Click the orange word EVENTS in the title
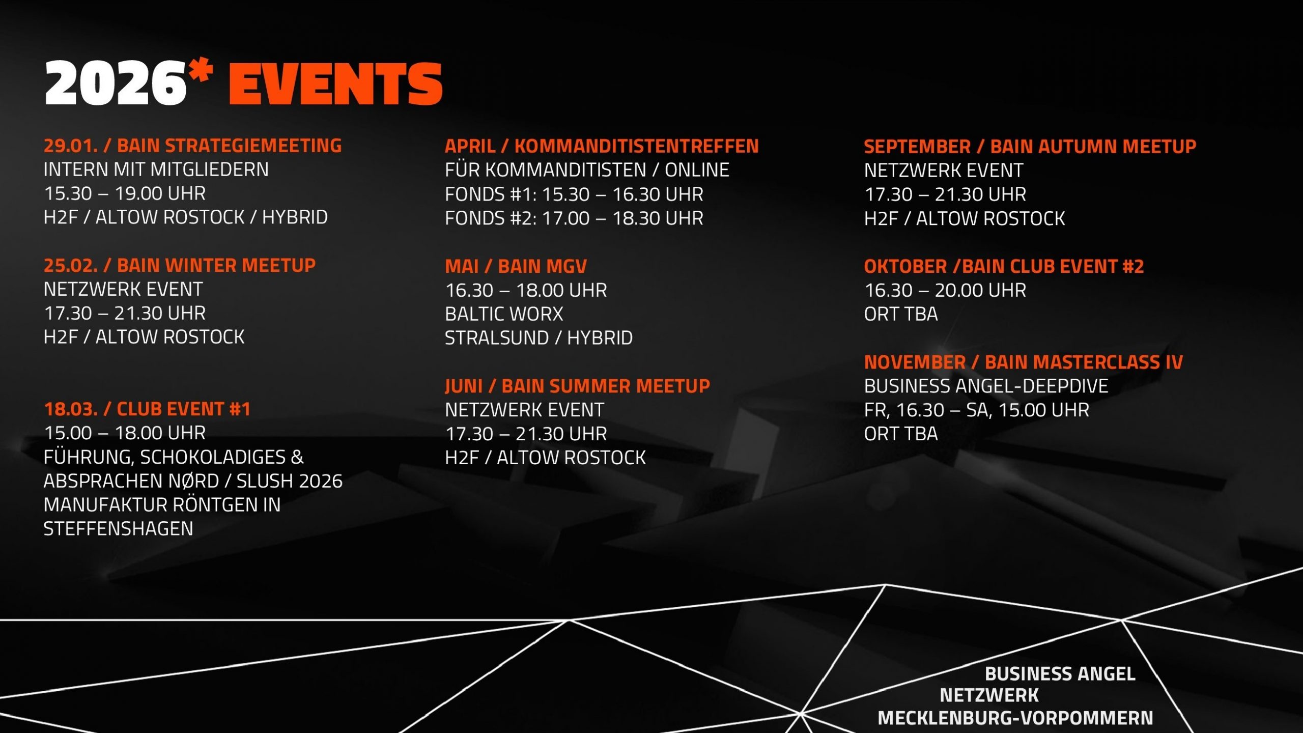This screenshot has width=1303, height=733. click(336, 84)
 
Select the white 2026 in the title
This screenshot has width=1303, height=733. click(116, 83)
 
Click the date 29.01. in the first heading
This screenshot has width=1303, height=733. click(71, 146)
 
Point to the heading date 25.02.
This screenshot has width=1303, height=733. click(71, 265)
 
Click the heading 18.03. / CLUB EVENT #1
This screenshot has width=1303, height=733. click(147, 409)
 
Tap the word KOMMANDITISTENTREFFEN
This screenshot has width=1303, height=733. click(636, 146)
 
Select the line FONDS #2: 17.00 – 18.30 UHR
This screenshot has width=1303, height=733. click(574, 218)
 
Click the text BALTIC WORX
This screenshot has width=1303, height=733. click(504, 314)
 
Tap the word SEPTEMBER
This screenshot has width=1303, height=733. click(917, 147)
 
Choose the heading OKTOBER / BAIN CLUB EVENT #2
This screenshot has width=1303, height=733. click(1004, 266)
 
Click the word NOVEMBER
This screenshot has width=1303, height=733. click(915, 362)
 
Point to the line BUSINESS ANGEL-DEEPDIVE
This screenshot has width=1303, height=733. click(986, 386)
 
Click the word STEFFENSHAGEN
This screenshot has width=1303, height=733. click(118, 529)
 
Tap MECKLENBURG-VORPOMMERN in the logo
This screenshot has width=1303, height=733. click(1015, 718)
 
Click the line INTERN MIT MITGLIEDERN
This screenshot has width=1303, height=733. click(156, 170)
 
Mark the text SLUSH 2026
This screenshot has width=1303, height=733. click(290, 481)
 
